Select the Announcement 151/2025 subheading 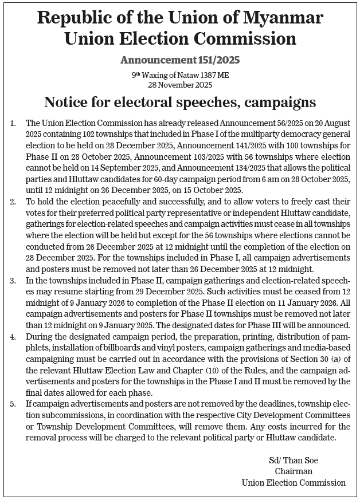click(x=179, y=59)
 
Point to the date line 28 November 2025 click(x=179, y=85)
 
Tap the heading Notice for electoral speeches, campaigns click(x=179, y=103)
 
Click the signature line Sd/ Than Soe click(x=293, y=460)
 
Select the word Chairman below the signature click(x=294, y=471)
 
